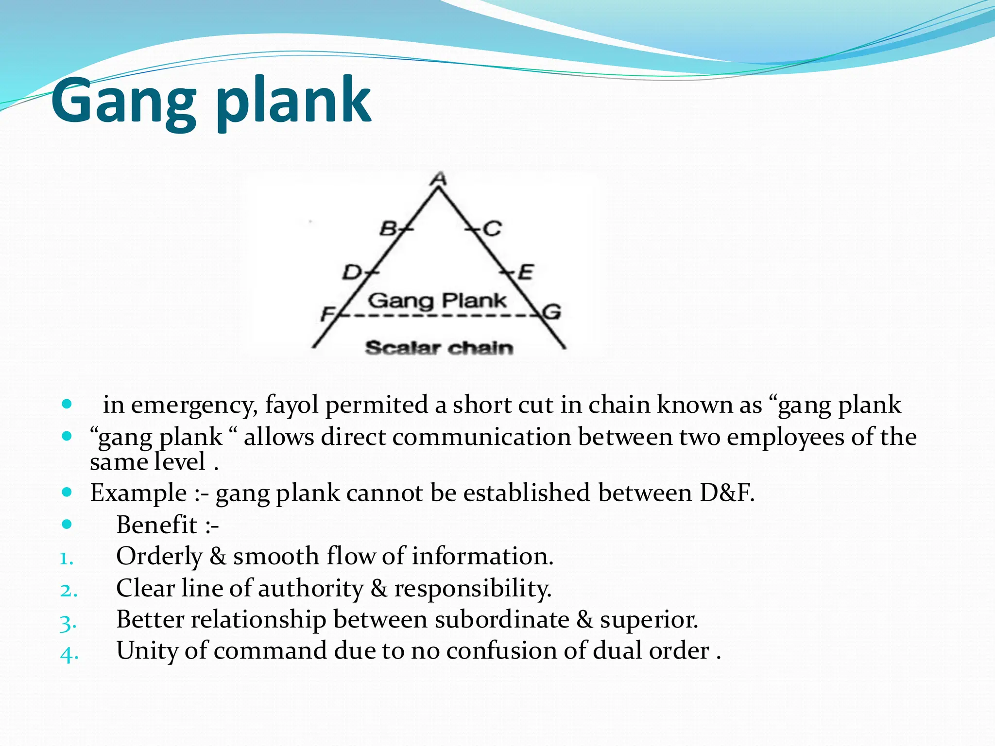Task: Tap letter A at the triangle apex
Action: pos(439,179)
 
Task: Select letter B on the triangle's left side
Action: pos(389,228)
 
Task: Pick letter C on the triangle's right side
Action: pos(492,228)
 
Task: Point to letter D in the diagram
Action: pos(352,272)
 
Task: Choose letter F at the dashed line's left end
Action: pos(328,314)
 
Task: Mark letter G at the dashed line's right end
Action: pos(552,311)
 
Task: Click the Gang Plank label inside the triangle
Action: pos(437,301)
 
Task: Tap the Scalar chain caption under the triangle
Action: pos(439,348)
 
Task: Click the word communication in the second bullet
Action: pos(481,437)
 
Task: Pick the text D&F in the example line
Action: pos(727,492)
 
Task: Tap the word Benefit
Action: pos(156,525)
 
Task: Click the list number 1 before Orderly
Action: pos(66,559)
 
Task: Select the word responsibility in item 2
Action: pos(472,588)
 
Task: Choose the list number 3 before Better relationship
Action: pos(68,622)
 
